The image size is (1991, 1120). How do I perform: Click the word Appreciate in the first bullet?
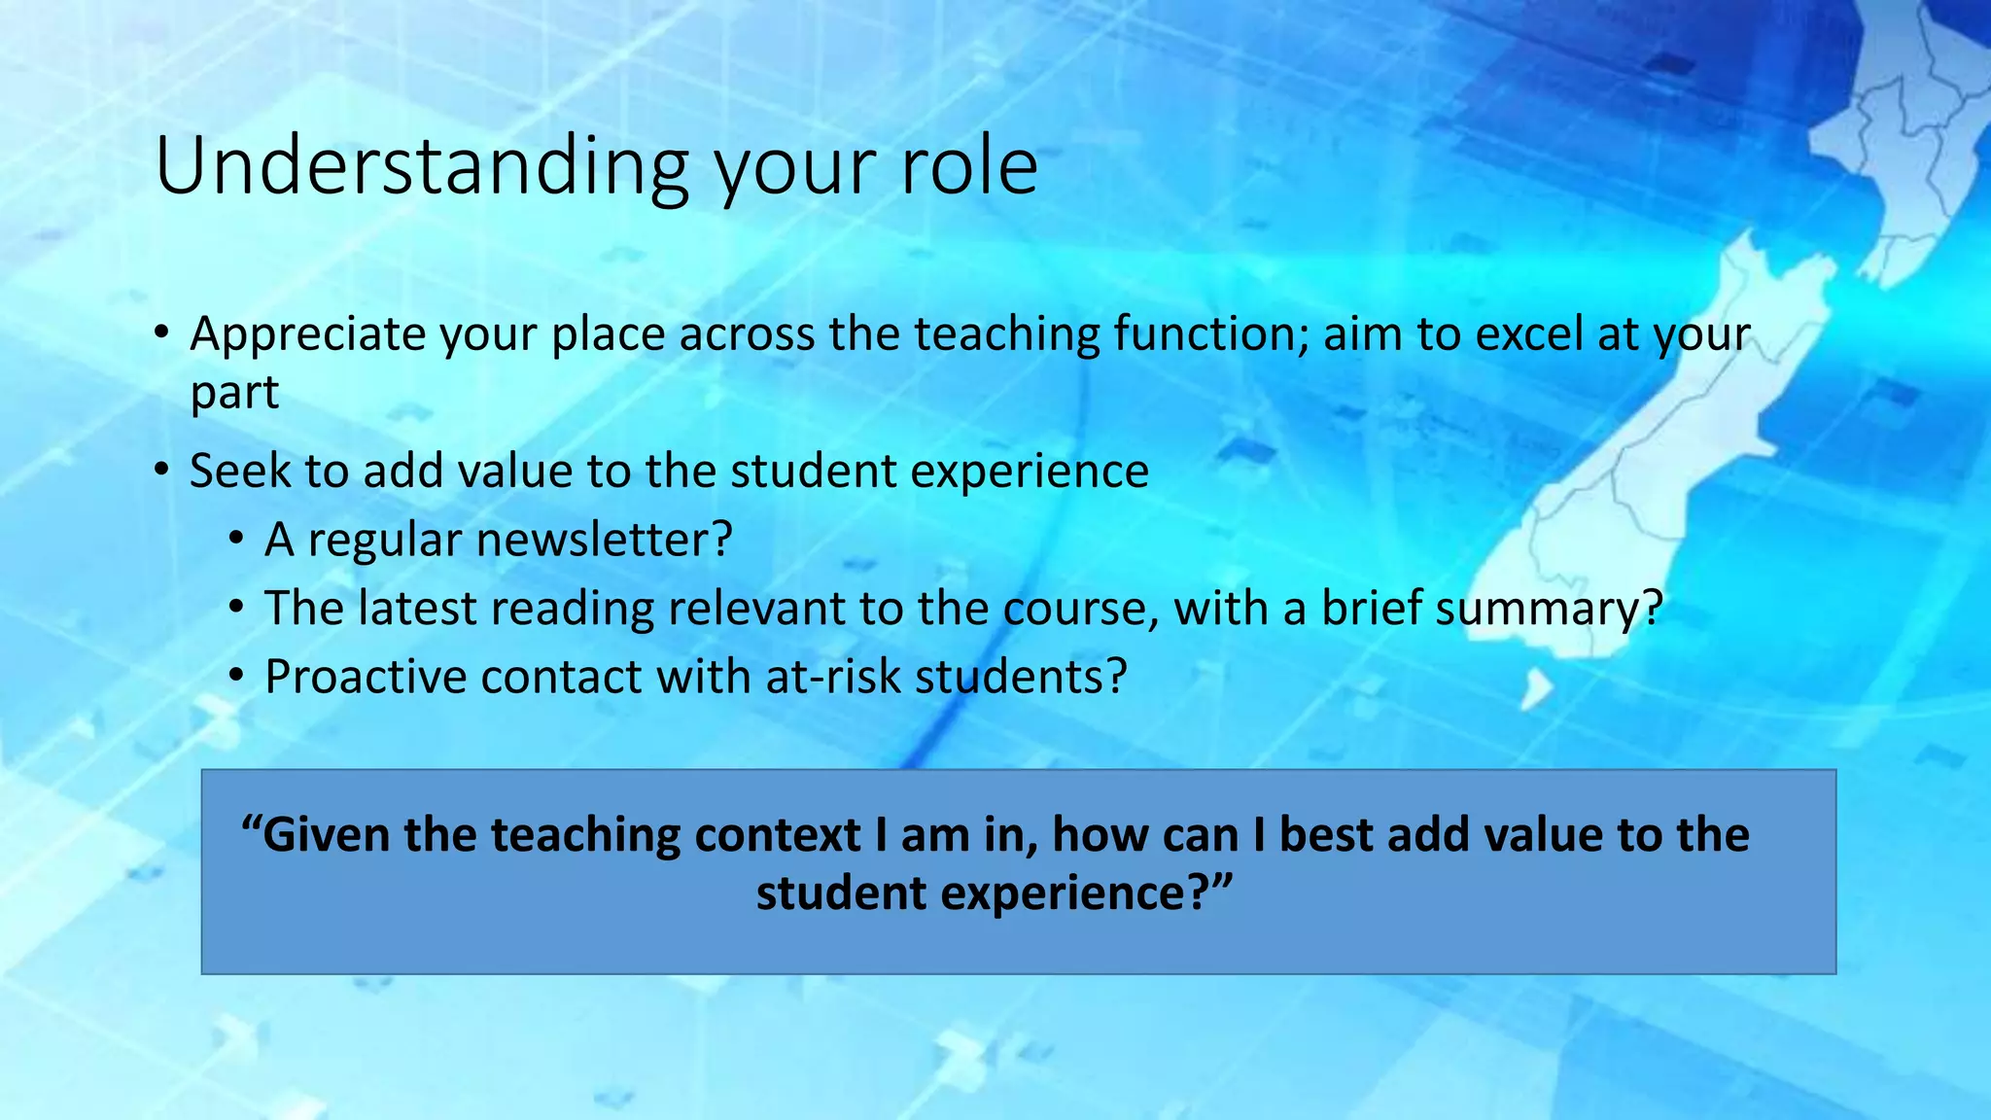point(307,334)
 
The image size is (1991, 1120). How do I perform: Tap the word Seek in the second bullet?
point(240,472)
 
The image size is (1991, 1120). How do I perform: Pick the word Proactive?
point(366,678)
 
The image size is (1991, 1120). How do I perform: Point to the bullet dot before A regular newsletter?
point(236,540)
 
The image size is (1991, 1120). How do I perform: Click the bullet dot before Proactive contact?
point(236,677)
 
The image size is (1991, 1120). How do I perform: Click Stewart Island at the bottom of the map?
point(1537,689)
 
